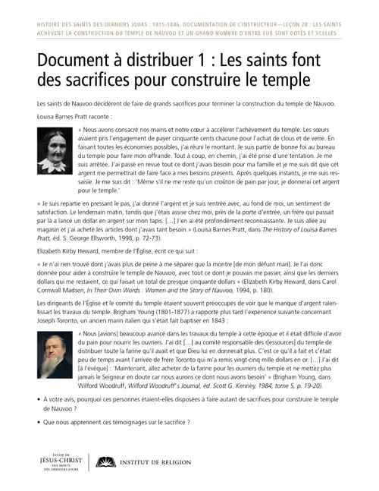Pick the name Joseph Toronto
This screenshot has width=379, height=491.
tap(54, 319)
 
